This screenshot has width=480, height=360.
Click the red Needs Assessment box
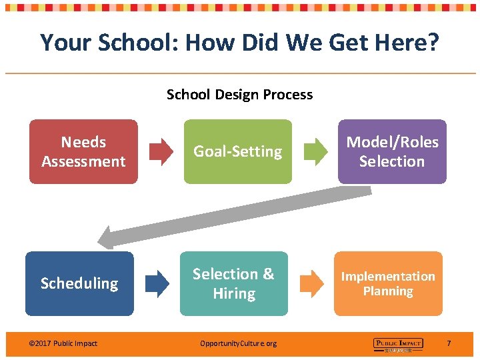83,151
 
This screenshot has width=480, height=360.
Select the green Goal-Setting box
238,151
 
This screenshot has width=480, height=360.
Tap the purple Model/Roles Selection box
392,151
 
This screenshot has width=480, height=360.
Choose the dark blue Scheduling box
79,283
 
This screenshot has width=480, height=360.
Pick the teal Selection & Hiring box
234,283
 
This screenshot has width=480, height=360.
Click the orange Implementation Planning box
388,283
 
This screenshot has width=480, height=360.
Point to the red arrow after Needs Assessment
161,152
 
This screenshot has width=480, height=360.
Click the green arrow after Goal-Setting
315,152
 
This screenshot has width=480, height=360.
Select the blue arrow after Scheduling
157,283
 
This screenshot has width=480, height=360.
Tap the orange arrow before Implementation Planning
311,283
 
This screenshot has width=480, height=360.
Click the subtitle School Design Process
239,95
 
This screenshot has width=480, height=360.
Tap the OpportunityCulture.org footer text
238,343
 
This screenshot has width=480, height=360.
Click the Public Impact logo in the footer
398,344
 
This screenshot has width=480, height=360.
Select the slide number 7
449,343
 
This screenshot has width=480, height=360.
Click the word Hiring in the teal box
234,293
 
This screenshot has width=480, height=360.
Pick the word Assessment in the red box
83,161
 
